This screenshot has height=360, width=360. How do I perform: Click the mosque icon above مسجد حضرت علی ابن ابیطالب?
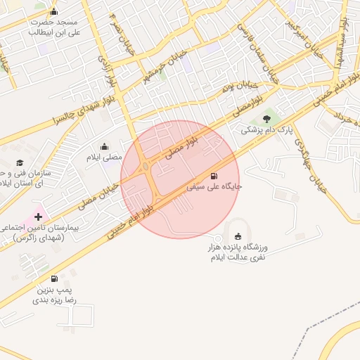point(54,12)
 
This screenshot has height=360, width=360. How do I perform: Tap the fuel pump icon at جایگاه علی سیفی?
point(212,175)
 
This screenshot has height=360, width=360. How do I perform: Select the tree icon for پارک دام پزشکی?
point(266,119)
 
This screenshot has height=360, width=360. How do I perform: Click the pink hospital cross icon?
point(37,217)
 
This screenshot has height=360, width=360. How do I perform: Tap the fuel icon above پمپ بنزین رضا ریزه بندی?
point(54,278)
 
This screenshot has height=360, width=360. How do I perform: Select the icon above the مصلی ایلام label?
point(104,146)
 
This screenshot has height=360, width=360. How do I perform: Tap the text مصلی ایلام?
point(103,157)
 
